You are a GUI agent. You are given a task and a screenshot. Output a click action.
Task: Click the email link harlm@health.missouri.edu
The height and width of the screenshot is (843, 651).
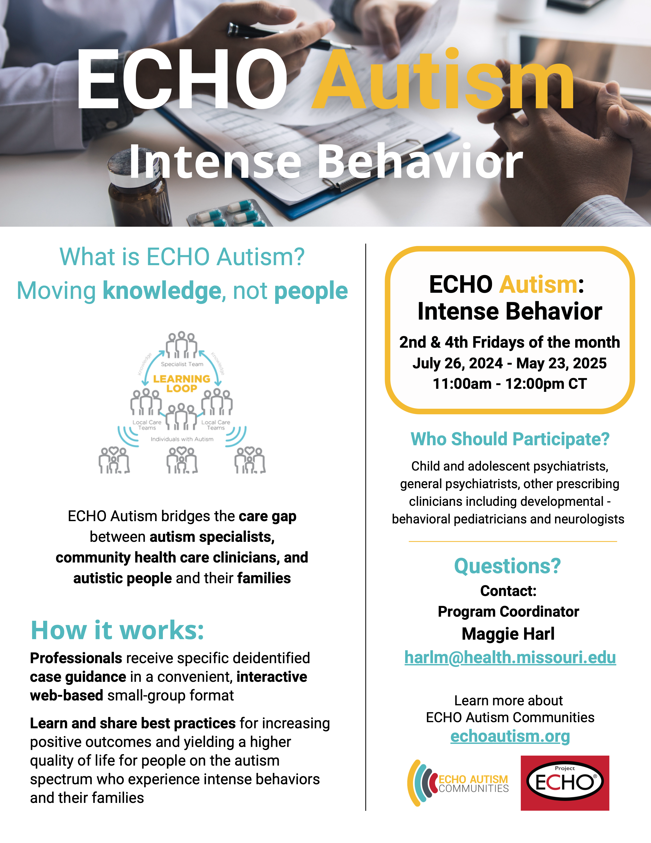510,657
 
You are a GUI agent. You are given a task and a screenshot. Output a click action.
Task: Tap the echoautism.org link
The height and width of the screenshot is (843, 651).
510,736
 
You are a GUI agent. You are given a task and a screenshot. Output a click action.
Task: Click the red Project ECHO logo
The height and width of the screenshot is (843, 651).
565,783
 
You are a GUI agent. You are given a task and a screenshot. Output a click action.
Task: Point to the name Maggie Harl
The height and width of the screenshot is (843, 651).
508,634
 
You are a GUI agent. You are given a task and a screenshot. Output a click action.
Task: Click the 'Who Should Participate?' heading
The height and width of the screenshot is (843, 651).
510,439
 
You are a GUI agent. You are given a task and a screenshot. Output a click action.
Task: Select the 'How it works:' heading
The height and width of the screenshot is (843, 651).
117,630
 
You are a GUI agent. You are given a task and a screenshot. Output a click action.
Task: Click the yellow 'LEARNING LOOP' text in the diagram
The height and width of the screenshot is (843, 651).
182,383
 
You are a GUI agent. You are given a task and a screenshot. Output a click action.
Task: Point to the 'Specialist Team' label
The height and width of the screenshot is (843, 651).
182,364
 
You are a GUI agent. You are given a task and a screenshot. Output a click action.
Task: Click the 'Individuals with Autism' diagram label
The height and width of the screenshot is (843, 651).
182,439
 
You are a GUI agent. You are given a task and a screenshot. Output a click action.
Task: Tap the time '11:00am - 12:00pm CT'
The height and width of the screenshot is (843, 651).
510,384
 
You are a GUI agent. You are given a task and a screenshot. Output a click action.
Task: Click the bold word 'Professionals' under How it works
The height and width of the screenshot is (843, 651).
76,658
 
